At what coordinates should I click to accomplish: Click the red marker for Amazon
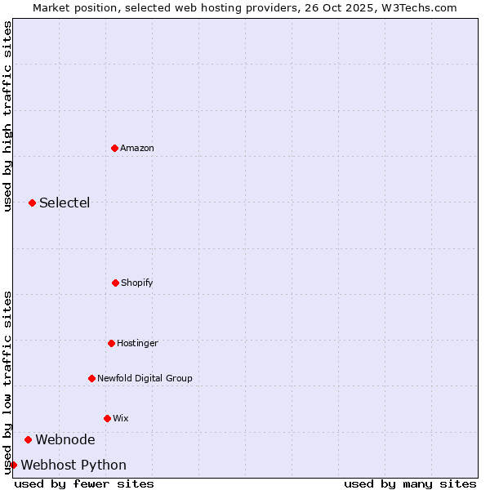coord(114,148)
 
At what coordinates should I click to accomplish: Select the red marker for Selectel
coord(32,203)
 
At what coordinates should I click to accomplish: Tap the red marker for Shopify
coord(115,283)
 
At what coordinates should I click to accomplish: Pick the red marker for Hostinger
coord(111,343)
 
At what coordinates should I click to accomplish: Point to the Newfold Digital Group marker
coord(91,378)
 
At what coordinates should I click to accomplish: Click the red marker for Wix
coord(107,418)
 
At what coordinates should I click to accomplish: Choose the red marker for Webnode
coord(28,439)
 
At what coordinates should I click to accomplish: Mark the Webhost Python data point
coord(13,465)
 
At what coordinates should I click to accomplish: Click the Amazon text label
coord(137,148)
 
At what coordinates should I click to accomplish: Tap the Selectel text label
coord(65,203)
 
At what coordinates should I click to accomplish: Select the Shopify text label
coord(137,283)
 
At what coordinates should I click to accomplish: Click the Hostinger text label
coord(137,343)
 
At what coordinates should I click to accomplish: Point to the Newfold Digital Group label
coord(145,378)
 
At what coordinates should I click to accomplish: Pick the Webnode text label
coord(65,439)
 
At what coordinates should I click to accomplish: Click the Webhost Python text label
coord(73,465)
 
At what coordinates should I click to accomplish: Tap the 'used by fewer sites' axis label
coord(84,483)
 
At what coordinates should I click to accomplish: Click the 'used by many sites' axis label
coord(410,483)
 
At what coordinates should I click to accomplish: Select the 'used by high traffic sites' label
coord(7,117)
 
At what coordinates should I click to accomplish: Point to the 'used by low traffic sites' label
coord(7,382)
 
